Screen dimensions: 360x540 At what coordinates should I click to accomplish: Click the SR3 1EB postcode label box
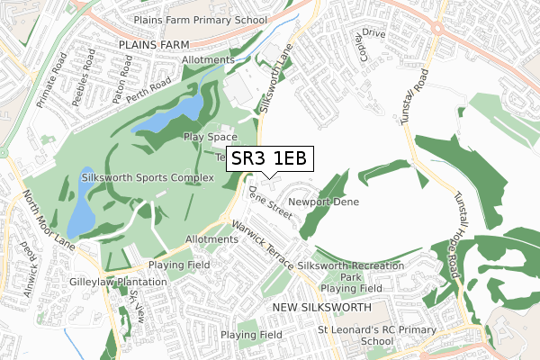(269, 158)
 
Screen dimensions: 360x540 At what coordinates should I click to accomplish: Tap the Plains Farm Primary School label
(199, 19)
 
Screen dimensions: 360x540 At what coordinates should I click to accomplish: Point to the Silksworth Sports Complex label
(148, 178)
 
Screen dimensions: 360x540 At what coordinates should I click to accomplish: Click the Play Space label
(210, 137)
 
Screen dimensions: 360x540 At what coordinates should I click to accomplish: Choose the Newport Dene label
(323, 202)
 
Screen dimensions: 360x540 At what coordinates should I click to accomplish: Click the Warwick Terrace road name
(262, 245)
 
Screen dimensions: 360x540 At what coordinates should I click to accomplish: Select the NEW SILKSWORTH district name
(321, 308)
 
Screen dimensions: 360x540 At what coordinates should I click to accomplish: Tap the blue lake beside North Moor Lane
(81, 200)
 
